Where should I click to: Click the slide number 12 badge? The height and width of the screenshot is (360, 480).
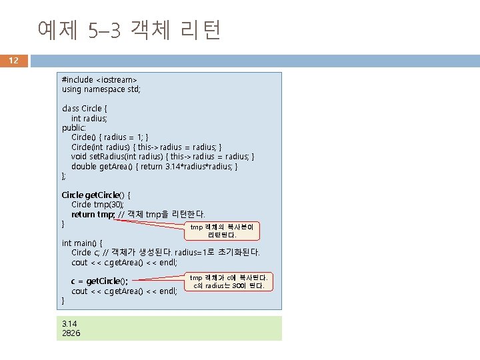coord(14,61)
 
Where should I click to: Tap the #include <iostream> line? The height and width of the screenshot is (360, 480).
coord(95,79)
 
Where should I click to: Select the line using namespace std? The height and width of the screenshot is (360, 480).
coord(101,89)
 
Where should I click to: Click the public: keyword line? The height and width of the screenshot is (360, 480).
coord(73,127)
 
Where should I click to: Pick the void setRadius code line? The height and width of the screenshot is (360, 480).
coord(163,157)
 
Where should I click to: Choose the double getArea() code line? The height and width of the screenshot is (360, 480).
coord(154,166)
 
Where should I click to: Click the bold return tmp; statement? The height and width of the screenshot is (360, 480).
coord(93,214)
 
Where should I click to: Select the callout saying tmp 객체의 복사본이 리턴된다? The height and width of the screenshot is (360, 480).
coord(222,231)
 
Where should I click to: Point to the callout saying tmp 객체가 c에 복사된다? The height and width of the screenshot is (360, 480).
coord(229,281)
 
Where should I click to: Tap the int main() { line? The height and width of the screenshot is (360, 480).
coord(82,243)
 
